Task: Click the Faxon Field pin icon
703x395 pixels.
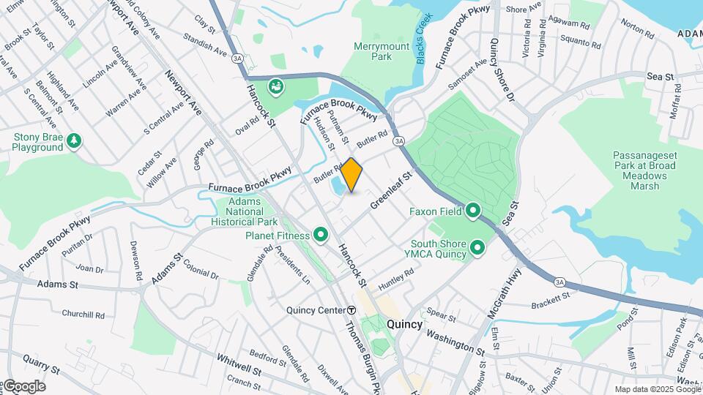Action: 473,211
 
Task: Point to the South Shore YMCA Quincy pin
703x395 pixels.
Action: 479,249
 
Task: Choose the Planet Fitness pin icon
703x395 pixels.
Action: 320,235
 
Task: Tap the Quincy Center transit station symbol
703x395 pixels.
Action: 351,310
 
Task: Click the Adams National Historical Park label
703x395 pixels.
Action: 244,211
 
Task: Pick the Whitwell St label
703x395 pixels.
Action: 239,364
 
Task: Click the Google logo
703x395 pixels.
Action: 23,386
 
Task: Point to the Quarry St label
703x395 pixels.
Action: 40,362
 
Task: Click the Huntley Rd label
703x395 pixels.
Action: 396,278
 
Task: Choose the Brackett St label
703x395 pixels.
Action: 551,299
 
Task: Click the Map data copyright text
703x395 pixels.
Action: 657,389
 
